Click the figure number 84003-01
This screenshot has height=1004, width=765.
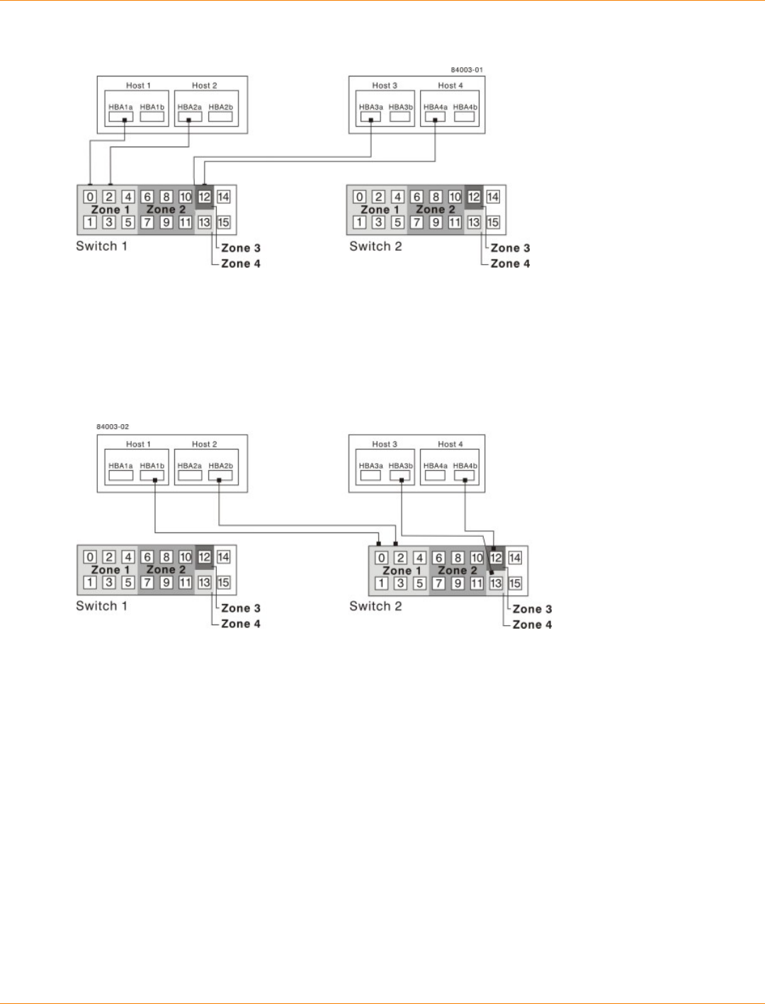click(x=467, y=70)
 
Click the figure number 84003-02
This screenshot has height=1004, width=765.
click(x=113, y=427)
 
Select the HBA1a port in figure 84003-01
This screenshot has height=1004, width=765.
click(x=120, y=117)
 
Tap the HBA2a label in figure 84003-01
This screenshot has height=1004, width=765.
click(x=189, y=108)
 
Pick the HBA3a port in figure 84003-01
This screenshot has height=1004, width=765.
click(x=370, y=117)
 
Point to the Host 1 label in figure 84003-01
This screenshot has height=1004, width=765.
click(x=138, y=86)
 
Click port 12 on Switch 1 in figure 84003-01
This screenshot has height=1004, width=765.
click(x=205, y=197)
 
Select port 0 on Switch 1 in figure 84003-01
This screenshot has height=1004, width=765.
click(x=90, y=197)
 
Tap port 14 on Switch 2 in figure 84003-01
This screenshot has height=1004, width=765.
click(x=493, y=197)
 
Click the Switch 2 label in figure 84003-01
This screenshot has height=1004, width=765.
click(x=375, y=246)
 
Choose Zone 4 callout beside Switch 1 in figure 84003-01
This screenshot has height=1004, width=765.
click(x=241, y=263)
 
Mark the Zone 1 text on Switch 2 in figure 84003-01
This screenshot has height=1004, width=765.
click(x=380, y=210)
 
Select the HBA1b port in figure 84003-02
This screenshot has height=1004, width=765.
click(x=152, y=476)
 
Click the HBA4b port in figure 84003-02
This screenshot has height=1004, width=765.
click(x=465, y=476)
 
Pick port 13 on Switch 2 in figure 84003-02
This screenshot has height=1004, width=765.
click(x=496, y=583)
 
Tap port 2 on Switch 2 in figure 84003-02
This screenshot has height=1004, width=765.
click(x=400, y=558)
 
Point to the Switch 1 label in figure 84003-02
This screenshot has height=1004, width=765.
click(x=101, y=606)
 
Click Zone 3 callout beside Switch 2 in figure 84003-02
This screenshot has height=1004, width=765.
click(x=532, y=609)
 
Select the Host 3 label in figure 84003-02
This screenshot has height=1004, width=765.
click(x=385, y=445)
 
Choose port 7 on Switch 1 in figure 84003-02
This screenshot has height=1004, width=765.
click(x=147, y=583)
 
